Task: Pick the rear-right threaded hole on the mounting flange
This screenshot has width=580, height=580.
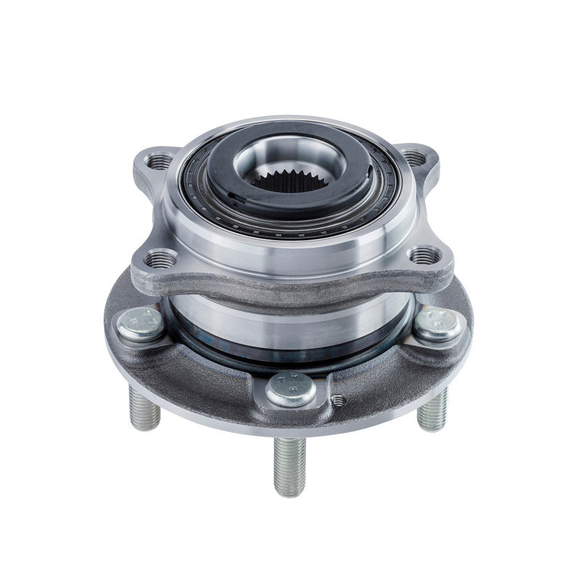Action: (413, 157)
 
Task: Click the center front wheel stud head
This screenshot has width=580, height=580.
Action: (291, 389)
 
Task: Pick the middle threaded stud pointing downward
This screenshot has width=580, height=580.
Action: (290, 464)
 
